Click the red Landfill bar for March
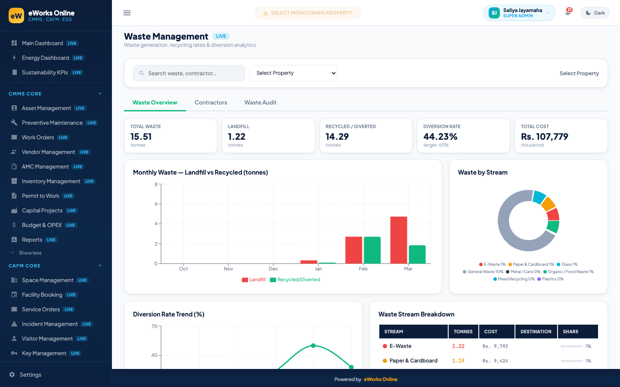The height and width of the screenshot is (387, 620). (399, 240)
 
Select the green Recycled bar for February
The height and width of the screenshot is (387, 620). (372, 250)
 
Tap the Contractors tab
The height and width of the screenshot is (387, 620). (211, 102)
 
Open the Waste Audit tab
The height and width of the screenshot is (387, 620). (260, 102)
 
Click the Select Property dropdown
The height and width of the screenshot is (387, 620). (293, 73)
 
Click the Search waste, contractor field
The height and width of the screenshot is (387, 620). (189, 73)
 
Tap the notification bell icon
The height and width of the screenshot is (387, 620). (567, 13)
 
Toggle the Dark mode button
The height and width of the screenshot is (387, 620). (595, 13)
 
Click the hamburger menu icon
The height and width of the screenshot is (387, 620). (127, 13)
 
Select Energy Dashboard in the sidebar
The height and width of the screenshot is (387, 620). (45, 58)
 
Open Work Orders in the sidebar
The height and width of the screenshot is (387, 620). (38, 138)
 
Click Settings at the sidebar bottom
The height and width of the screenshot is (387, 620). (31, 375)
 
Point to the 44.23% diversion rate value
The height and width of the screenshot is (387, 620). (440, 137)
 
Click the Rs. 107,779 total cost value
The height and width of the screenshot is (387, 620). (544, 137)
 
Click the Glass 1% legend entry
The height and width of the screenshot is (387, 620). (567, 264)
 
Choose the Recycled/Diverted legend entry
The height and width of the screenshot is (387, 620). (295, 279)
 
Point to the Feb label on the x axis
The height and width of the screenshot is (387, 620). (363, 269)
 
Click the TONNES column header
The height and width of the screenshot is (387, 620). (463, 332)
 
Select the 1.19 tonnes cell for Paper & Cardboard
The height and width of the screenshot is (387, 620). (458, 360)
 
